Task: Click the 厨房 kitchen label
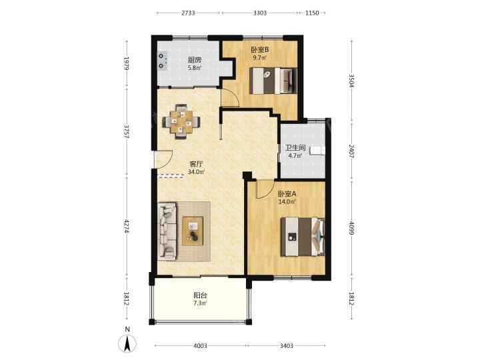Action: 195,60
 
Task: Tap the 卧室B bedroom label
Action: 260,49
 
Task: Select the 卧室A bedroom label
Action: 287,194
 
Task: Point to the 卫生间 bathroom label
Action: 295,148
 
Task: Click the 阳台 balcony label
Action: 201,295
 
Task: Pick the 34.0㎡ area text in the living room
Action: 196,172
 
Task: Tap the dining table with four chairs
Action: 181,121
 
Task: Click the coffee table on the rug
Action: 193,231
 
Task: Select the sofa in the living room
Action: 167,231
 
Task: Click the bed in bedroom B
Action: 273,81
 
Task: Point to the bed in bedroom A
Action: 303,237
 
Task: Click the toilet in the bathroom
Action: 317,151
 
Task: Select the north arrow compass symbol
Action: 127,342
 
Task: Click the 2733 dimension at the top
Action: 188,13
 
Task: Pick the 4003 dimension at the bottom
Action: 200,345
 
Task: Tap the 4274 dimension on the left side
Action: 127,226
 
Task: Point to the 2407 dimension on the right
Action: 351,151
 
